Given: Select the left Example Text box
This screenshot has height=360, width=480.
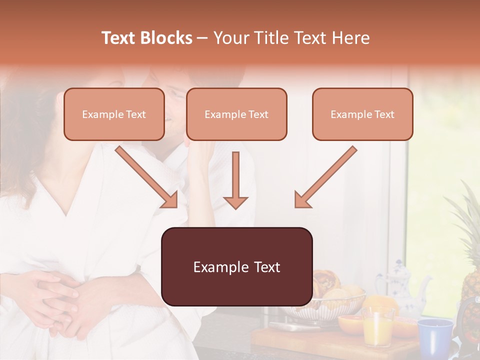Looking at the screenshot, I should pos(114,114).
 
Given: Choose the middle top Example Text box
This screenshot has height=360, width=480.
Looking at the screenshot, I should pos(236,114).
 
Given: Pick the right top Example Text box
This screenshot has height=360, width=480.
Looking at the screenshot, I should pos(362,114).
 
